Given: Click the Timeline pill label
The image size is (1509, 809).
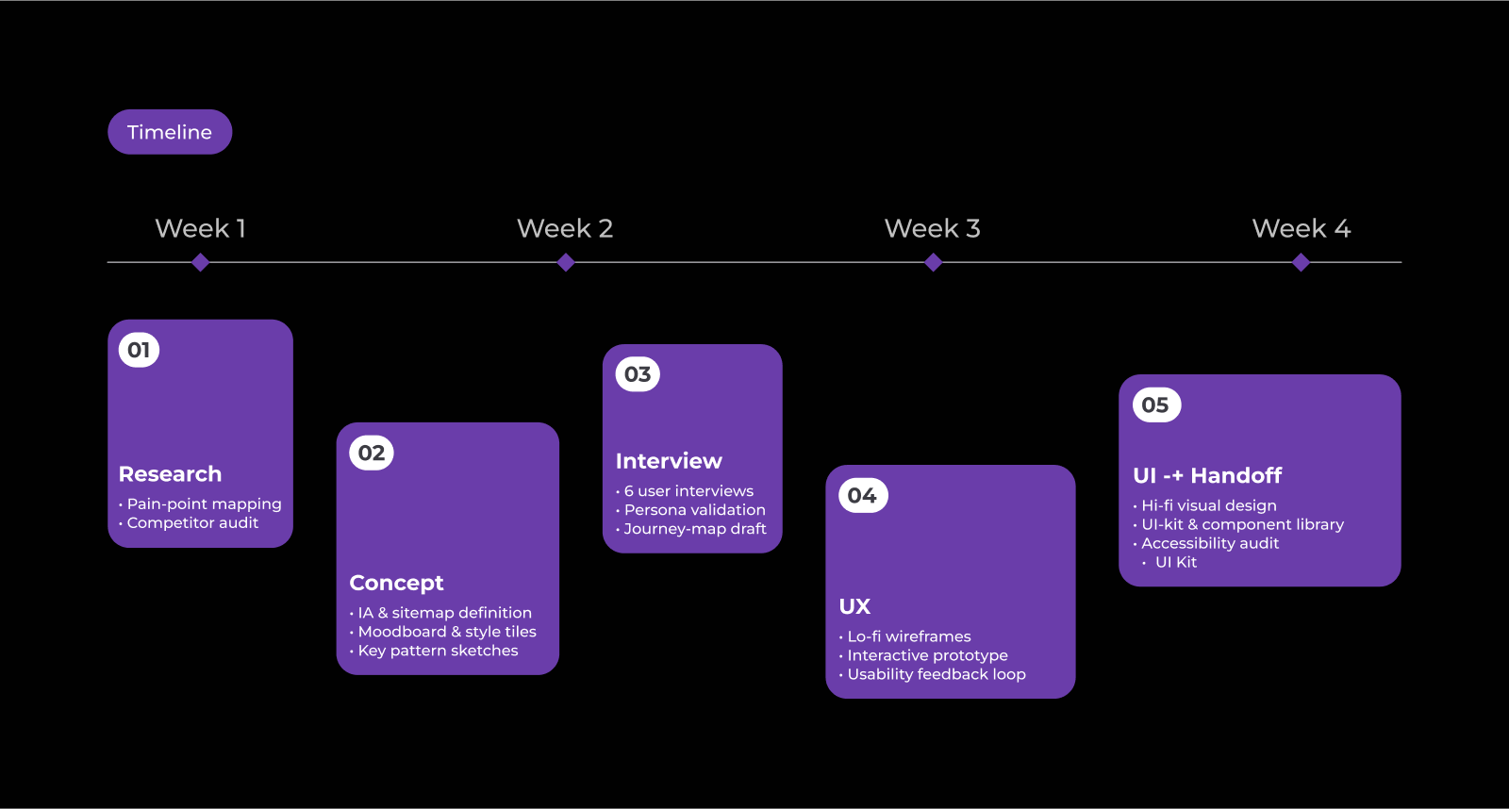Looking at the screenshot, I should (x=170, y=132).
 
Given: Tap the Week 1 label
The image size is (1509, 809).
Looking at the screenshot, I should (x=200, y=228).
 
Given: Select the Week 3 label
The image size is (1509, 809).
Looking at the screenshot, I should (x=932, y=228).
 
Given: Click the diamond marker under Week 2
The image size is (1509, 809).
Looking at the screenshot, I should (x=566, y=263).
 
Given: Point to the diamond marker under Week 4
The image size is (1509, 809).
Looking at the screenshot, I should (x=1301, y=263).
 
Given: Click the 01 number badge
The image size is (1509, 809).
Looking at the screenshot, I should (x=139, y=350).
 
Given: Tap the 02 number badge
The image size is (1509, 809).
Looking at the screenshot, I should (x=372, y=454).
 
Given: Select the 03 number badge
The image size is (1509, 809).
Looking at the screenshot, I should (x=638, y=374).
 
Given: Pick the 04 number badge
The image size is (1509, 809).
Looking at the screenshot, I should (x=862, y=496).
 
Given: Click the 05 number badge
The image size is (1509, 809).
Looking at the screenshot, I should (x=1155, y=405).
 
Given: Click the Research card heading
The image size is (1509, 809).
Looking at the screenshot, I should (x=170, y=474).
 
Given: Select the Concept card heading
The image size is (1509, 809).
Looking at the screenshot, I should (x=396, y=583).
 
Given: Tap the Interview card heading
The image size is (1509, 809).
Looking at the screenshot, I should (x=669, y=461).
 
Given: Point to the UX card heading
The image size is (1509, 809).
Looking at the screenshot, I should (x=854, y=606).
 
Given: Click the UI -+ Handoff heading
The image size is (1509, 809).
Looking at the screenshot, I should (x=1207, y=475).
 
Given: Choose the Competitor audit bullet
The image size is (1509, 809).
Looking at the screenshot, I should (x=192, y=523).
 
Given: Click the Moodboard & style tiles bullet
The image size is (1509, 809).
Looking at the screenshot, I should (x=447, y=632).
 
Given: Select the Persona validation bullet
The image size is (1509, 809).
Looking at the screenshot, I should (x=695, y=510).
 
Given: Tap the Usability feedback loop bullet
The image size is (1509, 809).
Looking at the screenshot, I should (x=937, y=674).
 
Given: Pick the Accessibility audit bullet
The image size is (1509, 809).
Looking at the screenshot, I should (x=1210, y=543).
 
